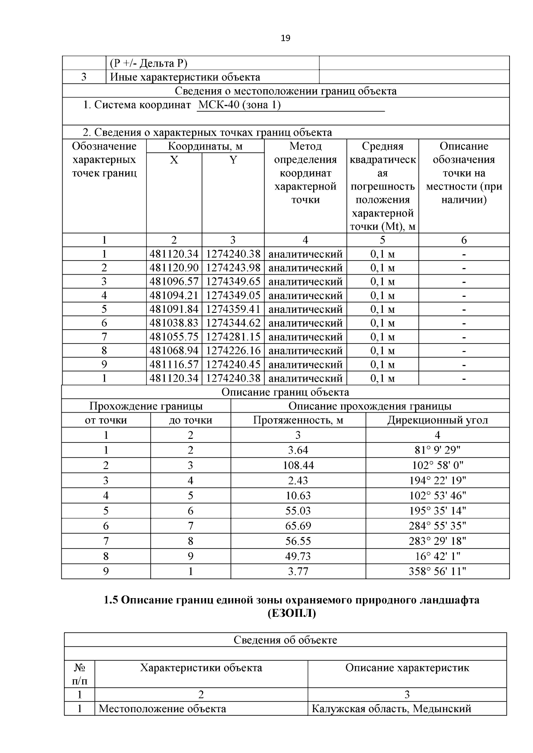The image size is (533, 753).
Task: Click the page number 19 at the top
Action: click(x=286, y=38)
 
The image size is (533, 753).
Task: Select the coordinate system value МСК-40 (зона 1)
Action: click(x=239, y=105)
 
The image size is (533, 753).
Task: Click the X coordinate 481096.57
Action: click(x=174, y=281)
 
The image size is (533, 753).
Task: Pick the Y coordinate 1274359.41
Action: click(x=233, y=309)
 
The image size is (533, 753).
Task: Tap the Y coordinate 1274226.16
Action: click(x=233, y=351)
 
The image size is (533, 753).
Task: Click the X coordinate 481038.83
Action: click(x=174, y=323)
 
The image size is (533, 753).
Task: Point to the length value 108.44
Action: click(x=298, y=465)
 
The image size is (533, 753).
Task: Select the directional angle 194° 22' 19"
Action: click(x=437, y=480)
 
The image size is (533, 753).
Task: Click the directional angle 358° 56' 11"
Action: click(x=437, y=571)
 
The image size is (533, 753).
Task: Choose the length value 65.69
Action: click(x=298, y=526)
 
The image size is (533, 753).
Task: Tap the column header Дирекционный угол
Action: click(x=437, y=420)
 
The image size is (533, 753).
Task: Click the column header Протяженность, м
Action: click(x=298, y=420)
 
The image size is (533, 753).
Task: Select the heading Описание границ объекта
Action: click(x=285, y=392)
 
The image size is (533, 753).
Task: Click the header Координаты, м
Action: click(x=205, y=146)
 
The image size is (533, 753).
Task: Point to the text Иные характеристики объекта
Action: click(x=185, y=77)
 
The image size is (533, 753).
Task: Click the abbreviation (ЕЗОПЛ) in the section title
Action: click(x=291, y=614)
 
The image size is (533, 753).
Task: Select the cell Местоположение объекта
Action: click(x=162, y=709)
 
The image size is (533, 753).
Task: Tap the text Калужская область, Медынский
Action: click(x=391, y=709)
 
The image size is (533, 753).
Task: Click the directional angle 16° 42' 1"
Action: click(x=437, y=556)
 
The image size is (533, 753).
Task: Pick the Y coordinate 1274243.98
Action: click(x=233, y=268)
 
